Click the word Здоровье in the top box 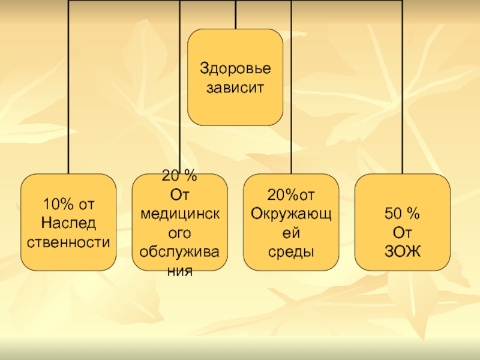235,68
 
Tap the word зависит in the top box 235,88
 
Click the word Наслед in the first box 68,223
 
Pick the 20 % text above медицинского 179,176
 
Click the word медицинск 179,213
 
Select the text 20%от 291,195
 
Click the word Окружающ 291,213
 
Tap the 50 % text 403,213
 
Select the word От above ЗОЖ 403,232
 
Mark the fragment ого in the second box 179,232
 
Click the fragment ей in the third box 291,232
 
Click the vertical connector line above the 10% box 68,90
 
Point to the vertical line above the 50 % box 403,90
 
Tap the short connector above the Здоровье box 235,14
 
